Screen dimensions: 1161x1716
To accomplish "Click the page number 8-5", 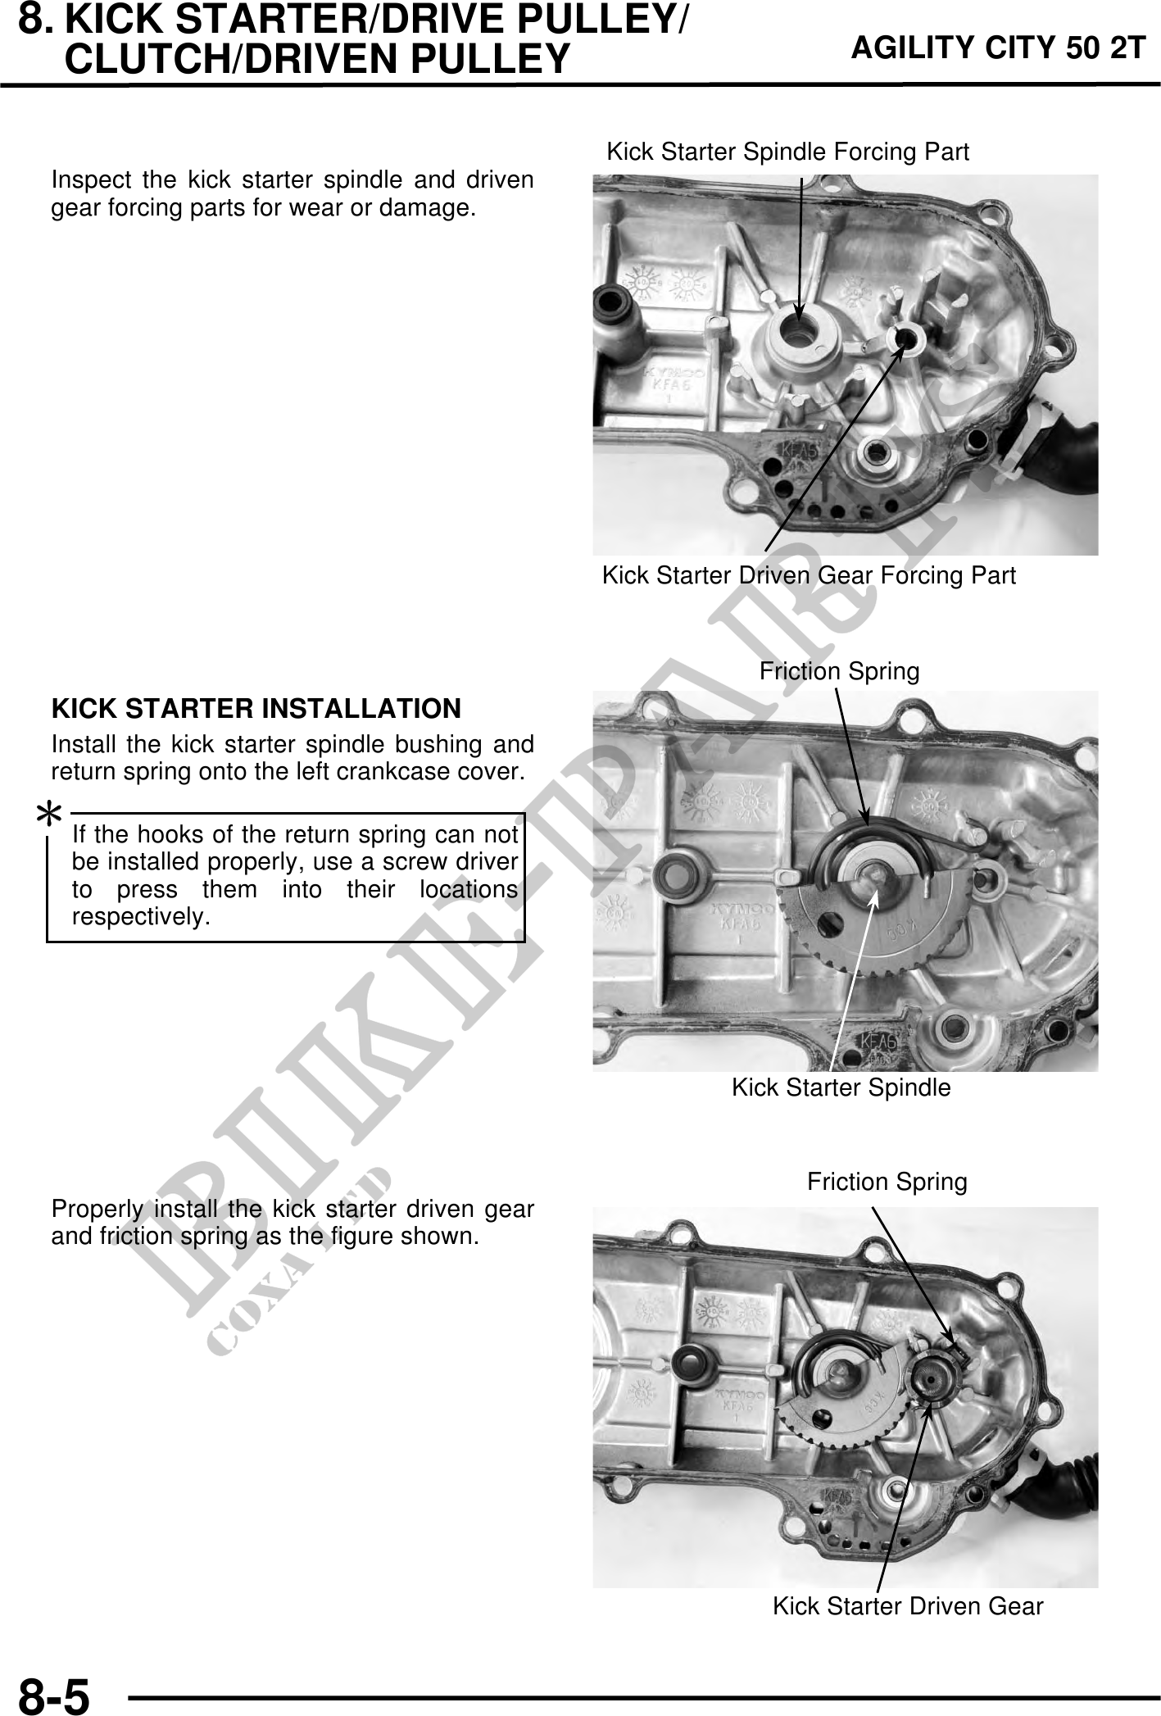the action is click(53, 1695).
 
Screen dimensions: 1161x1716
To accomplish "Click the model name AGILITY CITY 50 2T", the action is click(998, 48).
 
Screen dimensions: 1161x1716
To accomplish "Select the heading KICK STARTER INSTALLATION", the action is click(256, 708).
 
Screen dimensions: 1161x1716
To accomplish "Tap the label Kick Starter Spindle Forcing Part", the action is click(787, 152).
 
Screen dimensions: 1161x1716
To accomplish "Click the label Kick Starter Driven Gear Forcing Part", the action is click(809, 575).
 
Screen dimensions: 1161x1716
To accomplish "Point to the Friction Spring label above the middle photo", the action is click(839, 672).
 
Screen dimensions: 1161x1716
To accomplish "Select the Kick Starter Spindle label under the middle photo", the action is click(841, 1087).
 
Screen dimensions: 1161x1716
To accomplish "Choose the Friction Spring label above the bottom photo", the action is click(887, 1182).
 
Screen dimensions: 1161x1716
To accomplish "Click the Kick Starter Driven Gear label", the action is click(908, 1606).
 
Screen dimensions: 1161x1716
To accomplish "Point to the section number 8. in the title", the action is click(37, 18).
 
